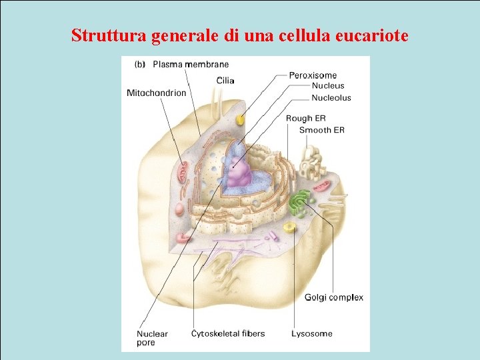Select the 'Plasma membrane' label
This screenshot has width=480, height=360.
(x=191, y=65)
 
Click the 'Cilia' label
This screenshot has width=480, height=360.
(x=225, y=81)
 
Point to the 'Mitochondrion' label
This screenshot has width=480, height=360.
(x=157, y=93)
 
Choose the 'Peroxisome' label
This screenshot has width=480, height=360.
(x=313, y=75)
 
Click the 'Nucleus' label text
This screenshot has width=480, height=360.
(x=328, y=86)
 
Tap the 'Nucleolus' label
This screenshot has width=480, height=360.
(x=331, y=98)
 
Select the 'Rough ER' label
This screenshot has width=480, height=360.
(x=306, y=119)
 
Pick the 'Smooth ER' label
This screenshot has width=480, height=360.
(x=321, y=130)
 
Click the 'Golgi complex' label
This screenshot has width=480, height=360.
(x=334, y=297)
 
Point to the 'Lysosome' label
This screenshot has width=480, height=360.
(x=311, y=333)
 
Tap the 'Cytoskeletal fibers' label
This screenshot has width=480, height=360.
(x=228, y=333)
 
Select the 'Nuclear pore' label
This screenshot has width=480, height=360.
(x=152, y=338)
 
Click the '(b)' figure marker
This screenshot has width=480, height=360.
(x=140, y=65)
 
